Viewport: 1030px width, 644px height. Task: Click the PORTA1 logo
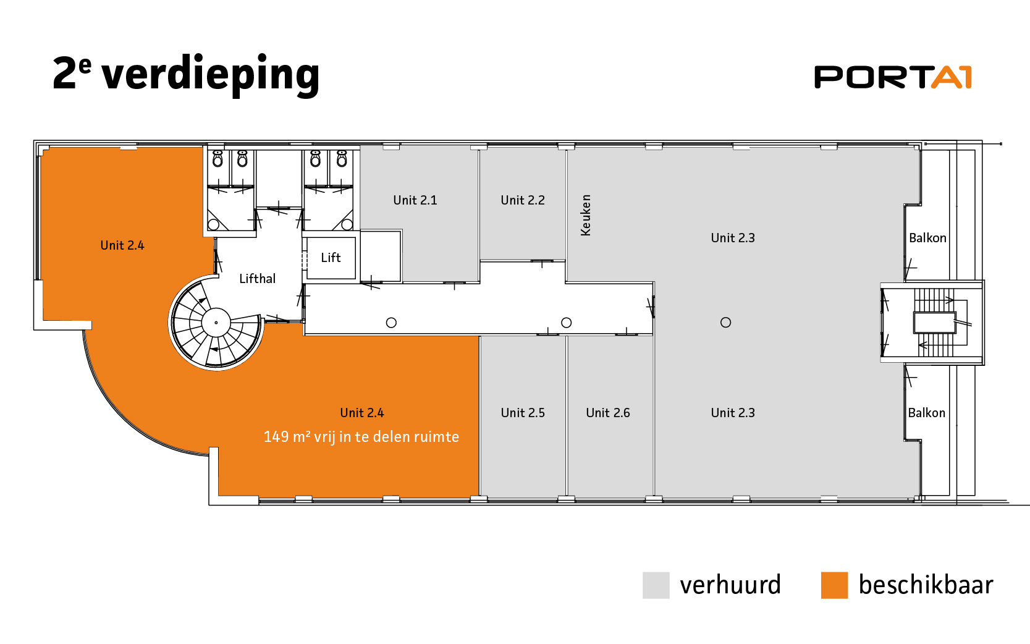pos(893,77)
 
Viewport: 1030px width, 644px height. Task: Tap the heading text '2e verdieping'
pos(186,74)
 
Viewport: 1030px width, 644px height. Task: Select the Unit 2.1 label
pos(415,200)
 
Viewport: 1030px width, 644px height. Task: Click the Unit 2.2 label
pos(523,200)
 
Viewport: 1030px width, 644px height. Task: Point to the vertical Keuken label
pos(586,215)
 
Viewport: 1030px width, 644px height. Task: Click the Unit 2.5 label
pos(523,413)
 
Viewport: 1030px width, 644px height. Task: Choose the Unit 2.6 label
pos(608,413)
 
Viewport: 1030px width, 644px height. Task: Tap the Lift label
pos(331,258)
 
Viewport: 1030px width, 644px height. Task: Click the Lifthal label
pos(257,279)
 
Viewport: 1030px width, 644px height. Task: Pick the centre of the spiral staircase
pos(216,323)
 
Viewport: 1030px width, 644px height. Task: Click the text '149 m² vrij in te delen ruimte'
pos(361,437)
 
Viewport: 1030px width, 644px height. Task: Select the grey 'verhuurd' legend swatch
pos(656,585)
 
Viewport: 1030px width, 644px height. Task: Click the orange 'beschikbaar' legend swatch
pos(834,585)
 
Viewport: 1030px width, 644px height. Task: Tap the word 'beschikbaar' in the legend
pos(926,585)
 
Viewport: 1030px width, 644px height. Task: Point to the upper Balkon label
pos(927,238)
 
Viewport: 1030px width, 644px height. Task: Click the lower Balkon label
pos(926,413)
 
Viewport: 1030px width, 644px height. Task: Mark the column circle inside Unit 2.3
pos(726,322)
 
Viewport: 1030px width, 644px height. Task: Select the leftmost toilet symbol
pos(217,159)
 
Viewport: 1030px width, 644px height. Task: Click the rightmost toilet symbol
pos(342,159)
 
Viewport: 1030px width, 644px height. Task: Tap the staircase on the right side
pos(934,322)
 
